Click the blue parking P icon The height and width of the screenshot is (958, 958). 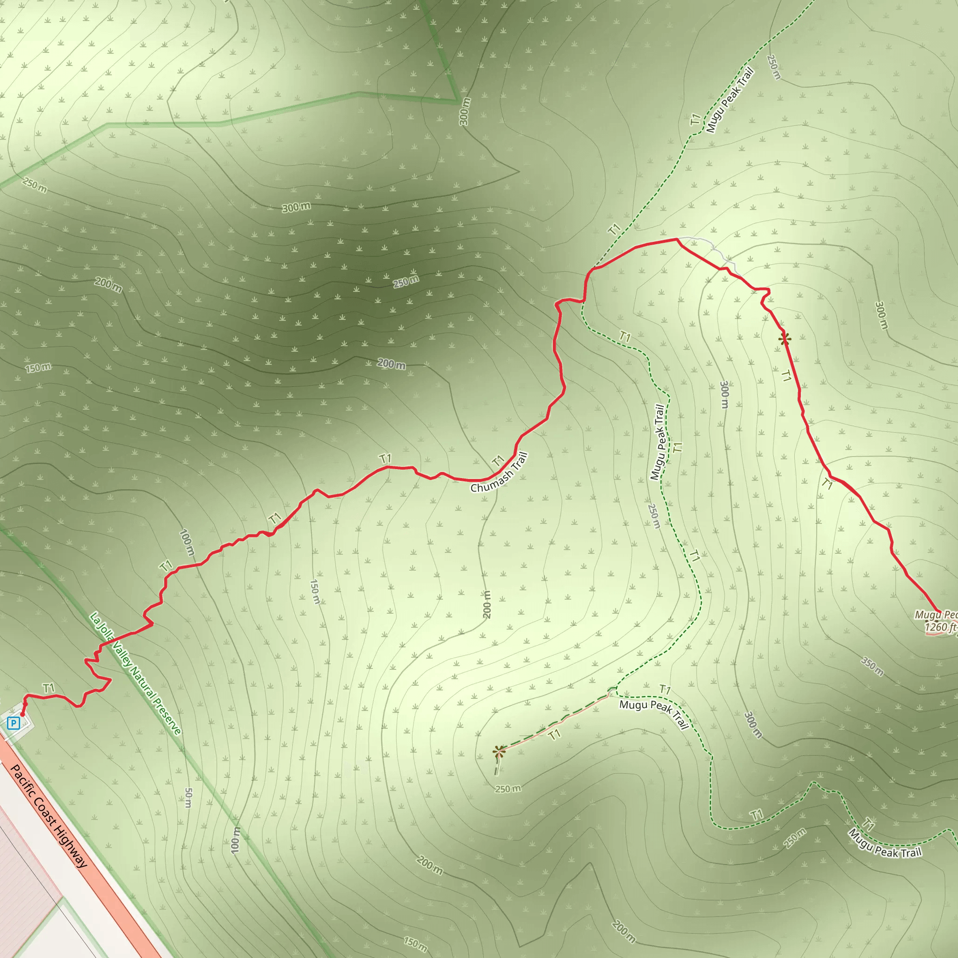point(14,723)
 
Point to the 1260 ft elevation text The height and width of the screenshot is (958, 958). point(940,627)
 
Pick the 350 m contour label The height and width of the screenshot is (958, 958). point(872,667)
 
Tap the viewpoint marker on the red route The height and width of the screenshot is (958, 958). point(784,339)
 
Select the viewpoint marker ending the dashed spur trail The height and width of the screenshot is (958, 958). point(499,751)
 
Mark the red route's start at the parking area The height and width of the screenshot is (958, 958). point(22,714)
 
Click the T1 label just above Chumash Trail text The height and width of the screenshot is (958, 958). point(498,461)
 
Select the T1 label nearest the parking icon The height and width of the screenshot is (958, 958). point(48,688)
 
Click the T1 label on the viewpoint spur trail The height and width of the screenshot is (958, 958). point(554,734)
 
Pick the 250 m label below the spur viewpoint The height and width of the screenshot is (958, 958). point(508,788)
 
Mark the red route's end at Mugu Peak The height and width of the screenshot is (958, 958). point(939,612)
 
